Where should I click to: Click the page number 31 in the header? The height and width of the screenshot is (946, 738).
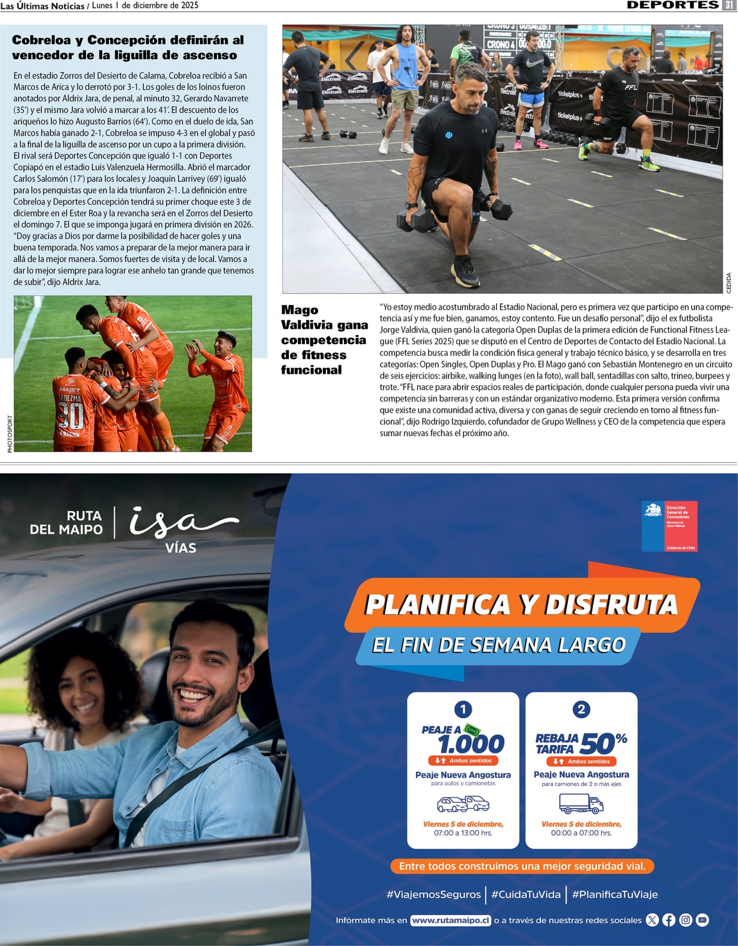pos(729,5)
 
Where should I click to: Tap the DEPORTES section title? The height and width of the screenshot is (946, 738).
pos(673,5)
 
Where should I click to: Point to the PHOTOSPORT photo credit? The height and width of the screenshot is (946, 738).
pos(10,434)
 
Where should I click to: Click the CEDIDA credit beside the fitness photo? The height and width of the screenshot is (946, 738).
pos(728,283)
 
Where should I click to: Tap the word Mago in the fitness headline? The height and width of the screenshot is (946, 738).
pos(300,310)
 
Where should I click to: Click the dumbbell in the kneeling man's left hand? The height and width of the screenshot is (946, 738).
pos(499,208)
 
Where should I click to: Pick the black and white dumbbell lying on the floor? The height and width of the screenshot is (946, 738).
pos(348,134)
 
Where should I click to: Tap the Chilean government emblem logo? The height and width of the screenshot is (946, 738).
pos(653,511)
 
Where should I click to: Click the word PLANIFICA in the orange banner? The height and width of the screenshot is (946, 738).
pos(438,605)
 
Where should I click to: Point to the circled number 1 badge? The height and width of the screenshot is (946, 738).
pos(463,709)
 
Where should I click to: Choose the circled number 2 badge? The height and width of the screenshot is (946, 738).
pos(581,709)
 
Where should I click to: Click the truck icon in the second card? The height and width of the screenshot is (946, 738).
pos(581,803)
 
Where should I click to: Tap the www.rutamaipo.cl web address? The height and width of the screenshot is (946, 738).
pos(451,920)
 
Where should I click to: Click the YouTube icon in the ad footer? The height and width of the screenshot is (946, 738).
pos(703,920)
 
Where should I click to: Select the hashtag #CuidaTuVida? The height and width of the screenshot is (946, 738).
pos(526,894)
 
